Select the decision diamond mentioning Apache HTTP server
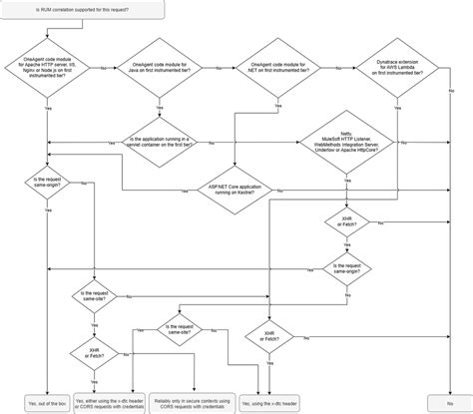[49, 67]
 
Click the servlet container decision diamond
[160, 142]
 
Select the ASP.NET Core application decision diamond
[237, 190]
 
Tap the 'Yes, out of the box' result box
[46, 402]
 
